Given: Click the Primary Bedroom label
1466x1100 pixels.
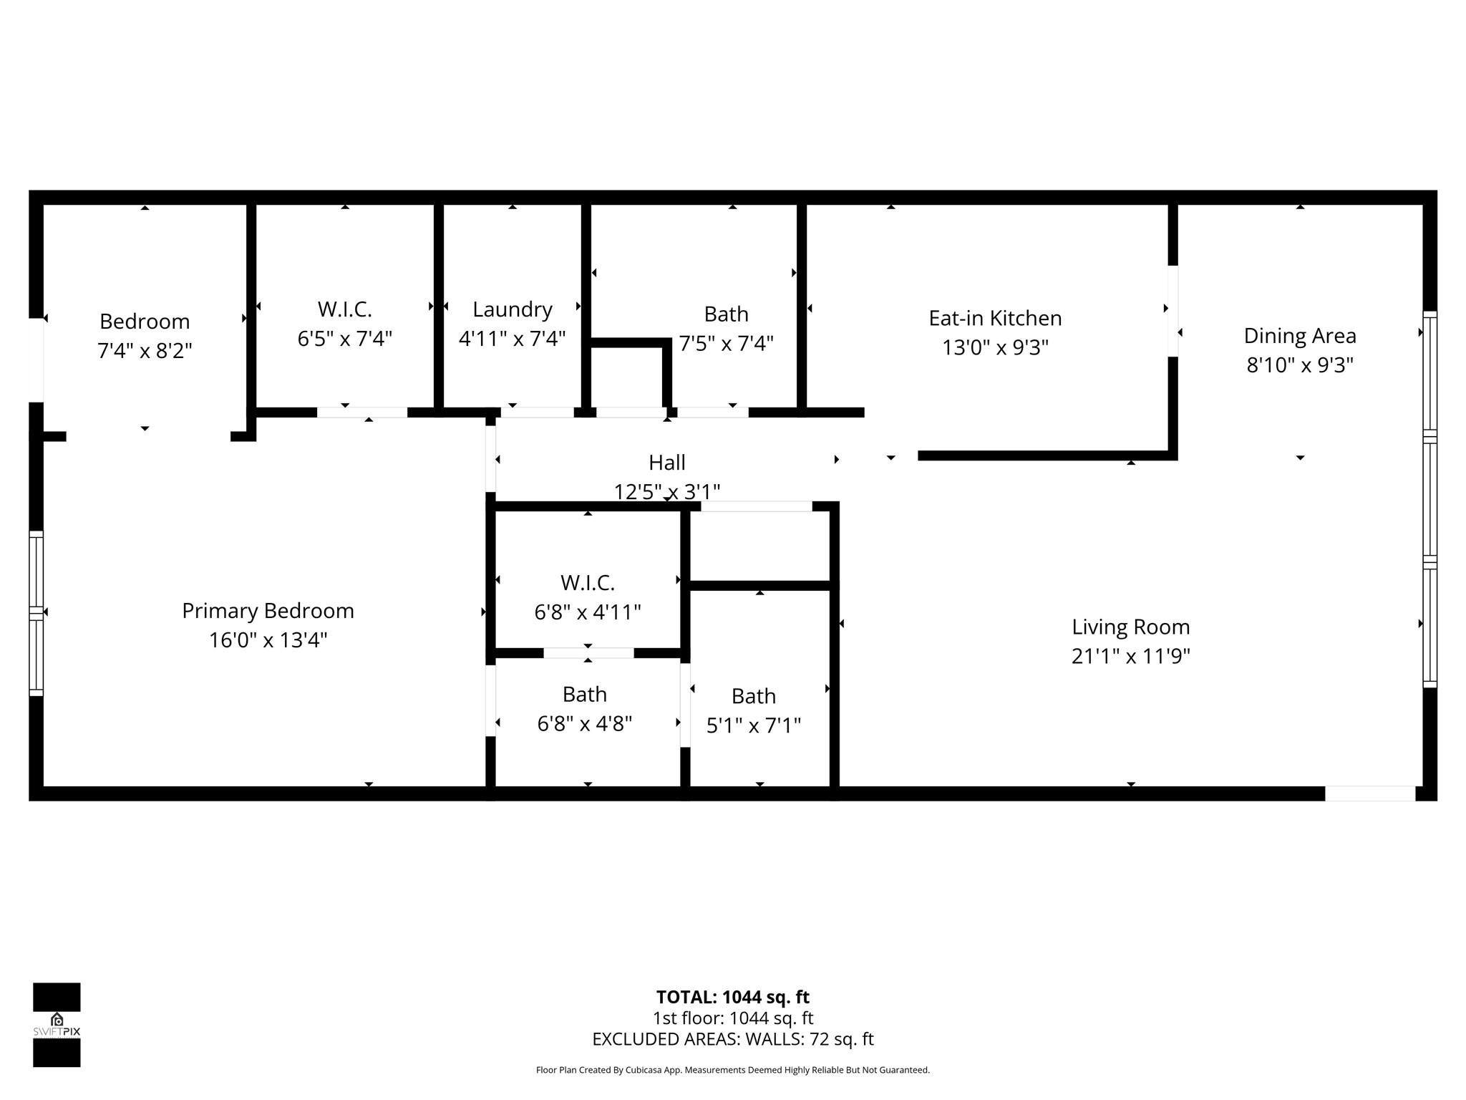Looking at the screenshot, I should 268,611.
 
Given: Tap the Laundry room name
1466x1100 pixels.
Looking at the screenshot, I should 513,309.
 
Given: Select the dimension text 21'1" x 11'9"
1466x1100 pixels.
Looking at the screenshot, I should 1130,656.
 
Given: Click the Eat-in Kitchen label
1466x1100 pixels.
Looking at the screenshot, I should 995,318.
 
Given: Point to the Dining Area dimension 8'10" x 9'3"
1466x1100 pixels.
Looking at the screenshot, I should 1300,365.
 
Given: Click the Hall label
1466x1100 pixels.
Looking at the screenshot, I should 666,463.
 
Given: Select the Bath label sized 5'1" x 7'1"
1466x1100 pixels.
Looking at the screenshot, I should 753,696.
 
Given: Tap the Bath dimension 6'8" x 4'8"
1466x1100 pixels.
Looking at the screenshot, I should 585,723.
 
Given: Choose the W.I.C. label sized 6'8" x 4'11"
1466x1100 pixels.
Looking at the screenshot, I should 587,583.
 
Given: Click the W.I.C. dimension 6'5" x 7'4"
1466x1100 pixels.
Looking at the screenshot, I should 345,338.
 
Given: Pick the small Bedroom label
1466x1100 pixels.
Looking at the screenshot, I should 145,322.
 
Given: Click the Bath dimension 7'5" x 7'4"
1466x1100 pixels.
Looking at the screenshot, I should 726,344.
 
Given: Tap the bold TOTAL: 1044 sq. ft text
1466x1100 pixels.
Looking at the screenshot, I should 732,997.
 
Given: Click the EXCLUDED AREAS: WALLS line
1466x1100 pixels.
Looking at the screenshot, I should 732,1039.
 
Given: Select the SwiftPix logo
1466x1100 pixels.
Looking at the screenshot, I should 57,1025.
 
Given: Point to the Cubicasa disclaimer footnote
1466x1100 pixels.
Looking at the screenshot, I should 732,1070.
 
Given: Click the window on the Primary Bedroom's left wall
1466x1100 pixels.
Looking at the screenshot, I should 36,613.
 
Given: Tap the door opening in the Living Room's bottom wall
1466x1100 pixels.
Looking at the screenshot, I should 1369,793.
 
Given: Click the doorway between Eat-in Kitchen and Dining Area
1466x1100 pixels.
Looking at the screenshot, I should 1173,311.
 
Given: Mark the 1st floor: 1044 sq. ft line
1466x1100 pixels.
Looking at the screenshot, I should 732,1018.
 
